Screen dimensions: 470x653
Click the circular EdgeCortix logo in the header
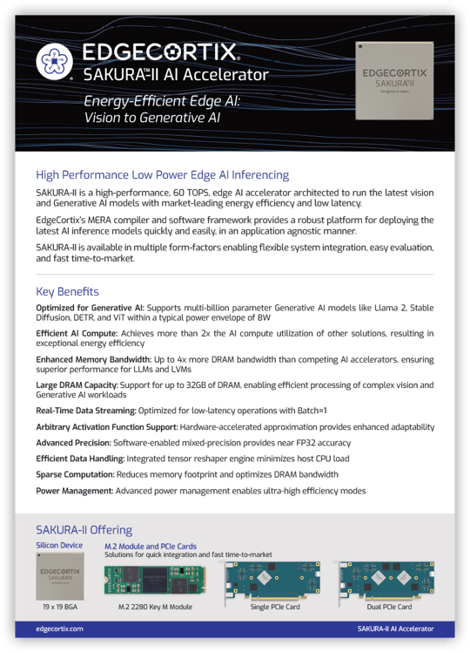click(x=54, y=61)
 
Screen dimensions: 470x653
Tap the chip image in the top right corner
click(x=394, y=81)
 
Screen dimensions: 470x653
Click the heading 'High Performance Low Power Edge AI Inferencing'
click(x=162, y=174)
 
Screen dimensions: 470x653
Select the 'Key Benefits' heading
click(x=67, y=291)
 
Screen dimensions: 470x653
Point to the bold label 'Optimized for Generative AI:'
click(x=90, y=309)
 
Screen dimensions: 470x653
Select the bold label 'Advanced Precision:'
click(x=74, y=442)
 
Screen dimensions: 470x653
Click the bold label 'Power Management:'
click(x=75, y=491)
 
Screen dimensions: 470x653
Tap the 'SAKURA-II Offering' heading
click(x=84, y=529)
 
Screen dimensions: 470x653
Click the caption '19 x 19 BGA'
click(x=59, y=605)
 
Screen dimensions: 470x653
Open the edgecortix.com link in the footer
click(x=60, y=628)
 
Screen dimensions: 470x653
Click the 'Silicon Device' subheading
click(x=59, y=546)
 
